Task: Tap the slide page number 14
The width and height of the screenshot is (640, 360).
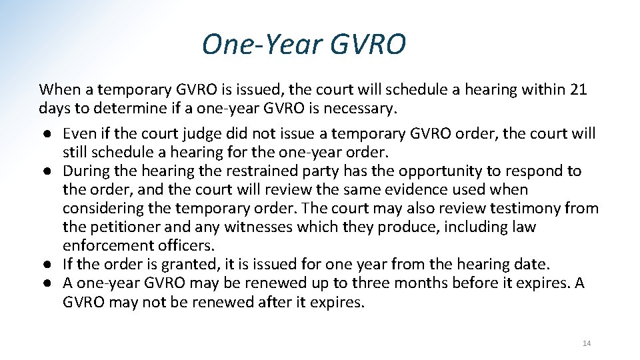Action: pyautogui.click(x=587, y=343)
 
